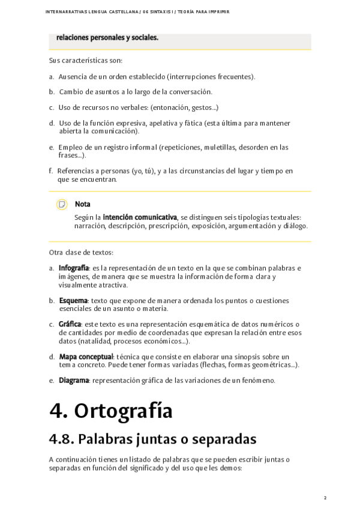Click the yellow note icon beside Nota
pos(61,205)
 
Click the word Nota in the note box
pos(83,204)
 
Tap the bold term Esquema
pos(73,300)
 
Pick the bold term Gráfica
pos(70,324)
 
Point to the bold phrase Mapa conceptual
pos(85,357)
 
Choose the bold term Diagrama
pos(74,380)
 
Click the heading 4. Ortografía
pos(112,411)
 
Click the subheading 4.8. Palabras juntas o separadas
pos(153,439)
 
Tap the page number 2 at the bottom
pos(325,498)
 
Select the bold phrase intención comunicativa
pos(140,217)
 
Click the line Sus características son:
pos(86,61)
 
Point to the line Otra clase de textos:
pos(81,252)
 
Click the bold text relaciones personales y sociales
pos(107,37)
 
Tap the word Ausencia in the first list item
pos(73,77)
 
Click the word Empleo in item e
pos(70,147)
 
